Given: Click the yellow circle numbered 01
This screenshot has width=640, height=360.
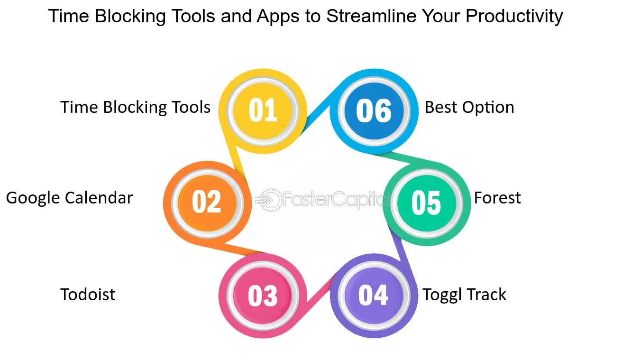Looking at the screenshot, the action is [263, 111].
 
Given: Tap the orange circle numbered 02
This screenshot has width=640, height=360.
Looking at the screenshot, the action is [208, 203].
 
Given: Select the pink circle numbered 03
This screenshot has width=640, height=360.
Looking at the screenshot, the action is [263, 295].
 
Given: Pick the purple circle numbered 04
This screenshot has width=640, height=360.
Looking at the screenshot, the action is [374, 295].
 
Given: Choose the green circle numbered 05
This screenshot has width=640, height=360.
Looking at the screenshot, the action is [427, 203].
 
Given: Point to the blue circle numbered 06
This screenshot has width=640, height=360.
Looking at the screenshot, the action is [374, 111].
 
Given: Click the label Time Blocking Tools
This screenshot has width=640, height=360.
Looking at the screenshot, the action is [135, 108].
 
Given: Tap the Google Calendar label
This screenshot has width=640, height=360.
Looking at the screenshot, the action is [69, 198].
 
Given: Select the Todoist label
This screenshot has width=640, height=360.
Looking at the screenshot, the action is [88, 295].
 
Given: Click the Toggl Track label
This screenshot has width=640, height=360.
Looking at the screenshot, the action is [464, 295].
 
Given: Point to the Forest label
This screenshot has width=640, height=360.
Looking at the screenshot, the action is [497, 198].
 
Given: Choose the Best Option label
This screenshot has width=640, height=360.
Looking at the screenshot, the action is [469, 108].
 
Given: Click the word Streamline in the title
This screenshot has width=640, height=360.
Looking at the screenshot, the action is [372, 16].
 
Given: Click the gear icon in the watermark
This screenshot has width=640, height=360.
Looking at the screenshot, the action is [270, 200].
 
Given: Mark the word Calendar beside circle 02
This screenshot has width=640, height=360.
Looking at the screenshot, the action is [99, 198].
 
